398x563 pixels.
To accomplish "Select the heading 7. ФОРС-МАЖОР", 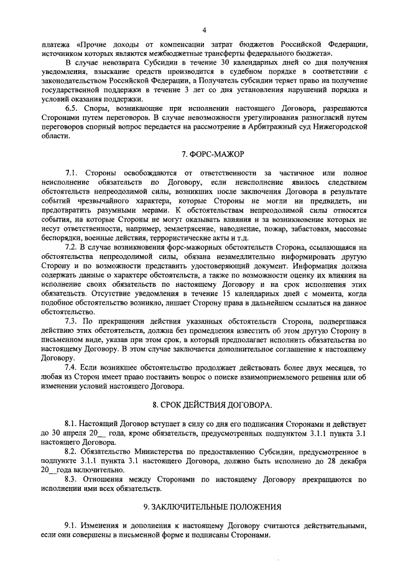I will coord(203,153).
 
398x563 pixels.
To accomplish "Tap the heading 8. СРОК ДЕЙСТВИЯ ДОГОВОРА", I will coord(203,405).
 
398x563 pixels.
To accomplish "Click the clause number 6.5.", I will coord(71,108).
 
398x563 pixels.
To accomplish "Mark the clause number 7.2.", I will coord(71,248).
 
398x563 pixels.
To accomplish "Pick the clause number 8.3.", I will coord(71,480).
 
